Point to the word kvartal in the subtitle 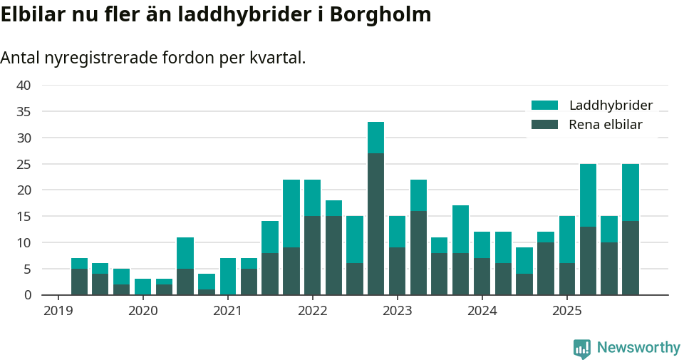tap(278, 58)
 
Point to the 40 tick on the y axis tap(24, 86)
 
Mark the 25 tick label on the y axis tap(24, 164)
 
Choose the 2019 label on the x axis tap(58, 311)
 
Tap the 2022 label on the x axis tap(312, 311)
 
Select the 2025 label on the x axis tap(566, 311)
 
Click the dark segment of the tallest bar tap(375, 224)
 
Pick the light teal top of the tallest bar tap(375, 138)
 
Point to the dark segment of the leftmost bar tap(79, 282)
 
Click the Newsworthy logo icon tap(581, 348)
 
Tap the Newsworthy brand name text tap(638, 348)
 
